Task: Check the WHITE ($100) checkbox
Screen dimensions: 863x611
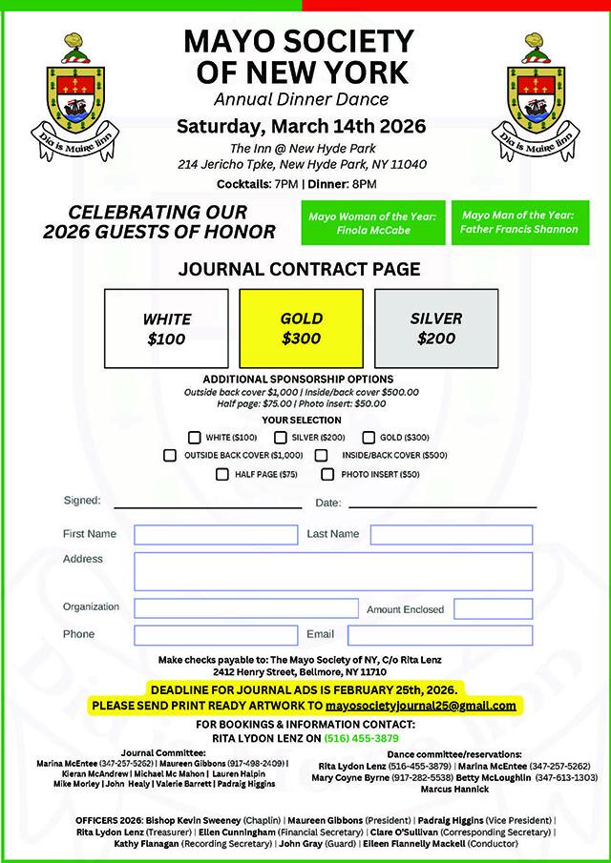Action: coord(196,438)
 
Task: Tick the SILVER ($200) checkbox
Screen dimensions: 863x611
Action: coord(281,438)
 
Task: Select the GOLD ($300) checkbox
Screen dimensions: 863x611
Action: coord(369,438)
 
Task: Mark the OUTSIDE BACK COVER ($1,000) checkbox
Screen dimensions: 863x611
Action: coord(170,456)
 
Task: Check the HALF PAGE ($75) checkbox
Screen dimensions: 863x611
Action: coord(222,474)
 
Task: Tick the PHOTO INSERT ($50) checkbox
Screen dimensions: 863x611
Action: coord(327,474)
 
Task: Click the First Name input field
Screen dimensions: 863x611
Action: coord(216,535)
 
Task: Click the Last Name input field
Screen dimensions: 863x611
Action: coord(451,535)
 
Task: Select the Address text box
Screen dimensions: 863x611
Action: coord(333,571)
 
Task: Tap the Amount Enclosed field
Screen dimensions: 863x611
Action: coord(493,609)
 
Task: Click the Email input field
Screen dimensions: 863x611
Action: coord(439,635)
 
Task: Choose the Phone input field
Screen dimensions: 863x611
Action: coord(216,635)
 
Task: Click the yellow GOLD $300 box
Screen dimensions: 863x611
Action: coord(301,328)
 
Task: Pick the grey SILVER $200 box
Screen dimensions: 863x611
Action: coord(436,328)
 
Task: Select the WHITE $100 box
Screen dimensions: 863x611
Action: coord(167,328)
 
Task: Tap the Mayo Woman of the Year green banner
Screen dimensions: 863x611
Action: coord(372,223)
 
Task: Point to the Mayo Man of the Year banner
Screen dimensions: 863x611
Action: coord(518,222)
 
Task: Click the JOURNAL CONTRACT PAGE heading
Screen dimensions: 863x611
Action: coord(299,269)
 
